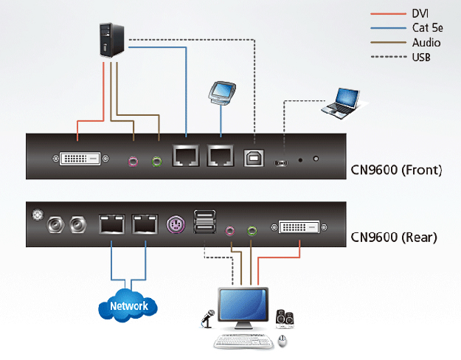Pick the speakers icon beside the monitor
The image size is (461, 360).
[x=286, y=318]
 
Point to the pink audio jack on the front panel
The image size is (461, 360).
[x=134, y=159]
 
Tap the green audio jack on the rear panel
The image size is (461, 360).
[x=252, y=230]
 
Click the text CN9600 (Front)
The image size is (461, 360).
[x=395, y=171]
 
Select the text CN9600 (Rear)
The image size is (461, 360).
[x=393, y=238]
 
